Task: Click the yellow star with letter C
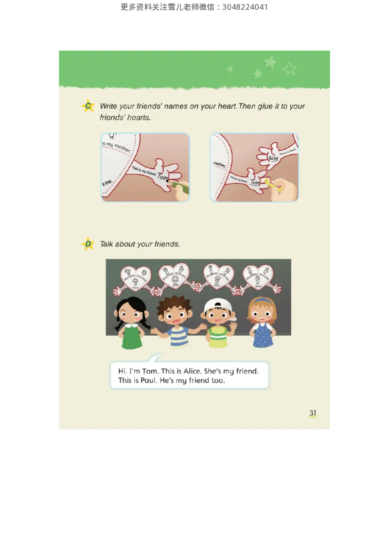[x=88, y=106]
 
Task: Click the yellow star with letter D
[x=88, y=244]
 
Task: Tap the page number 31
[x=313, y=413]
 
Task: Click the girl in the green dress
[x=131, y=323]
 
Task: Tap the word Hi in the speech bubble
[x=123, y=371]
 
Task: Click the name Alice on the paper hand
[x=273, y=158]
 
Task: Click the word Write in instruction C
[x=109, y=106]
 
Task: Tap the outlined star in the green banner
[x=289, y=69]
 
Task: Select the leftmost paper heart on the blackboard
[x=135, y=277]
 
